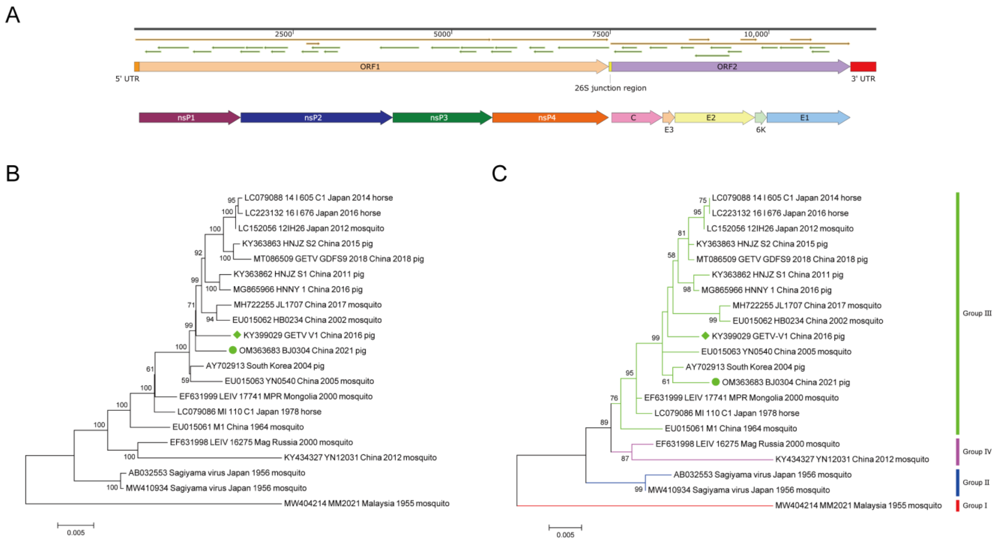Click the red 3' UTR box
pos(863,66)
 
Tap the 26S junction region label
pos(610,88)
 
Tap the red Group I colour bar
pos(957,505)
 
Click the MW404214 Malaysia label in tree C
pos(858,505)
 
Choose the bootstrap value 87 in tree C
pos(625,458)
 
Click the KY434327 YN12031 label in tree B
pos(360,457)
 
